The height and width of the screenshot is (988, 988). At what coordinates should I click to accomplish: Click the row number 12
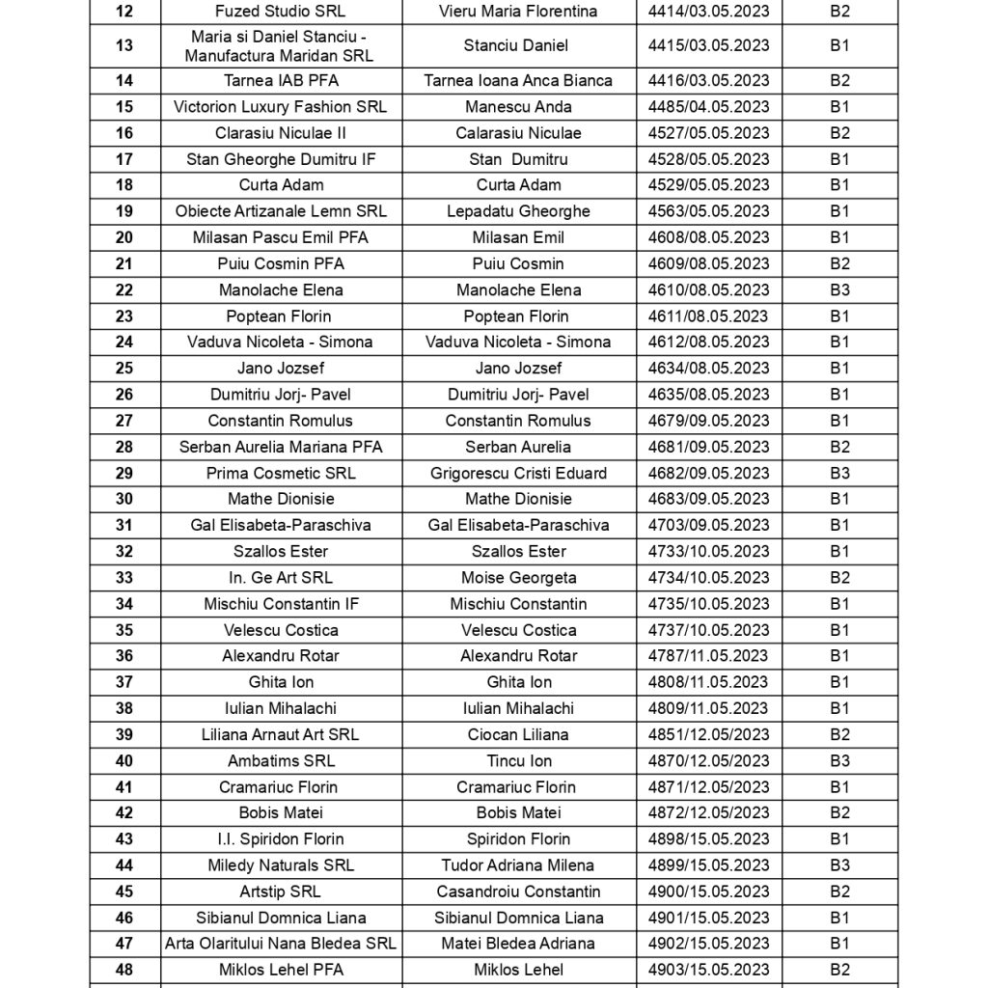123,12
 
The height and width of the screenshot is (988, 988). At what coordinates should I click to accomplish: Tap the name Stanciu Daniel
517,46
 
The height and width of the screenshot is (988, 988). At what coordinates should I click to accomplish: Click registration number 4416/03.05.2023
709,81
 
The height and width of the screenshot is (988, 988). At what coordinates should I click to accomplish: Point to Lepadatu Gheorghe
518,211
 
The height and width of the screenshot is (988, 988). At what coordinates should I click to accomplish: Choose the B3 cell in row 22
839,289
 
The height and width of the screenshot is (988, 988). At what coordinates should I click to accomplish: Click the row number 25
123,369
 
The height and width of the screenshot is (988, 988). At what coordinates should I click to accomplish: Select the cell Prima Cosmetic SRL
281,473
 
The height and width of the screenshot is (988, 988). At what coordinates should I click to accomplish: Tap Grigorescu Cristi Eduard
518,473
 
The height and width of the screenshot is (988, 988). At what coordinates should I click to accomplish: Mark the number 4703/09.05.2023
709,526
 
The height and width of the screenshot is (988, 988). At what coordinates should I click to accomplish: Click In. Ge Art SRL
281,578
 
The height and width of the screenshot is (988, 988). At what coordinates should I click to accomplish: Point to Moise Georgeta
518,578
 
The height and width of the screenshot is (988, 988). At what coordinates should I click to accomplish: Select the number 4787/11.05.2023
709,656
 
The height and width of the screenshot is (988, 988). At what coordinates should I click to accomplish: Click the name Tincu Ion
519,761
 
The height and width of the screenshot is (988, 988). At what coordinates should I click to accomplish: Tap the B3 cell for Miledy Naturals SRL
839,865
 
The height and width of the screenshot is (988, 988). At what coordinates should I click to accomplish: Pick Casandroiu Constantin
518,892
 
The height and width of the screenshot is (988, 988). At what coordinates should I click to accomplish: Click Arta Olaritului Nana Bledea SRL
281,944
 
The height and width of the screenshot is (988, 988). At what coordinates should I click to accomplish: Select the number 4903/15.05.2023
709,970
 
